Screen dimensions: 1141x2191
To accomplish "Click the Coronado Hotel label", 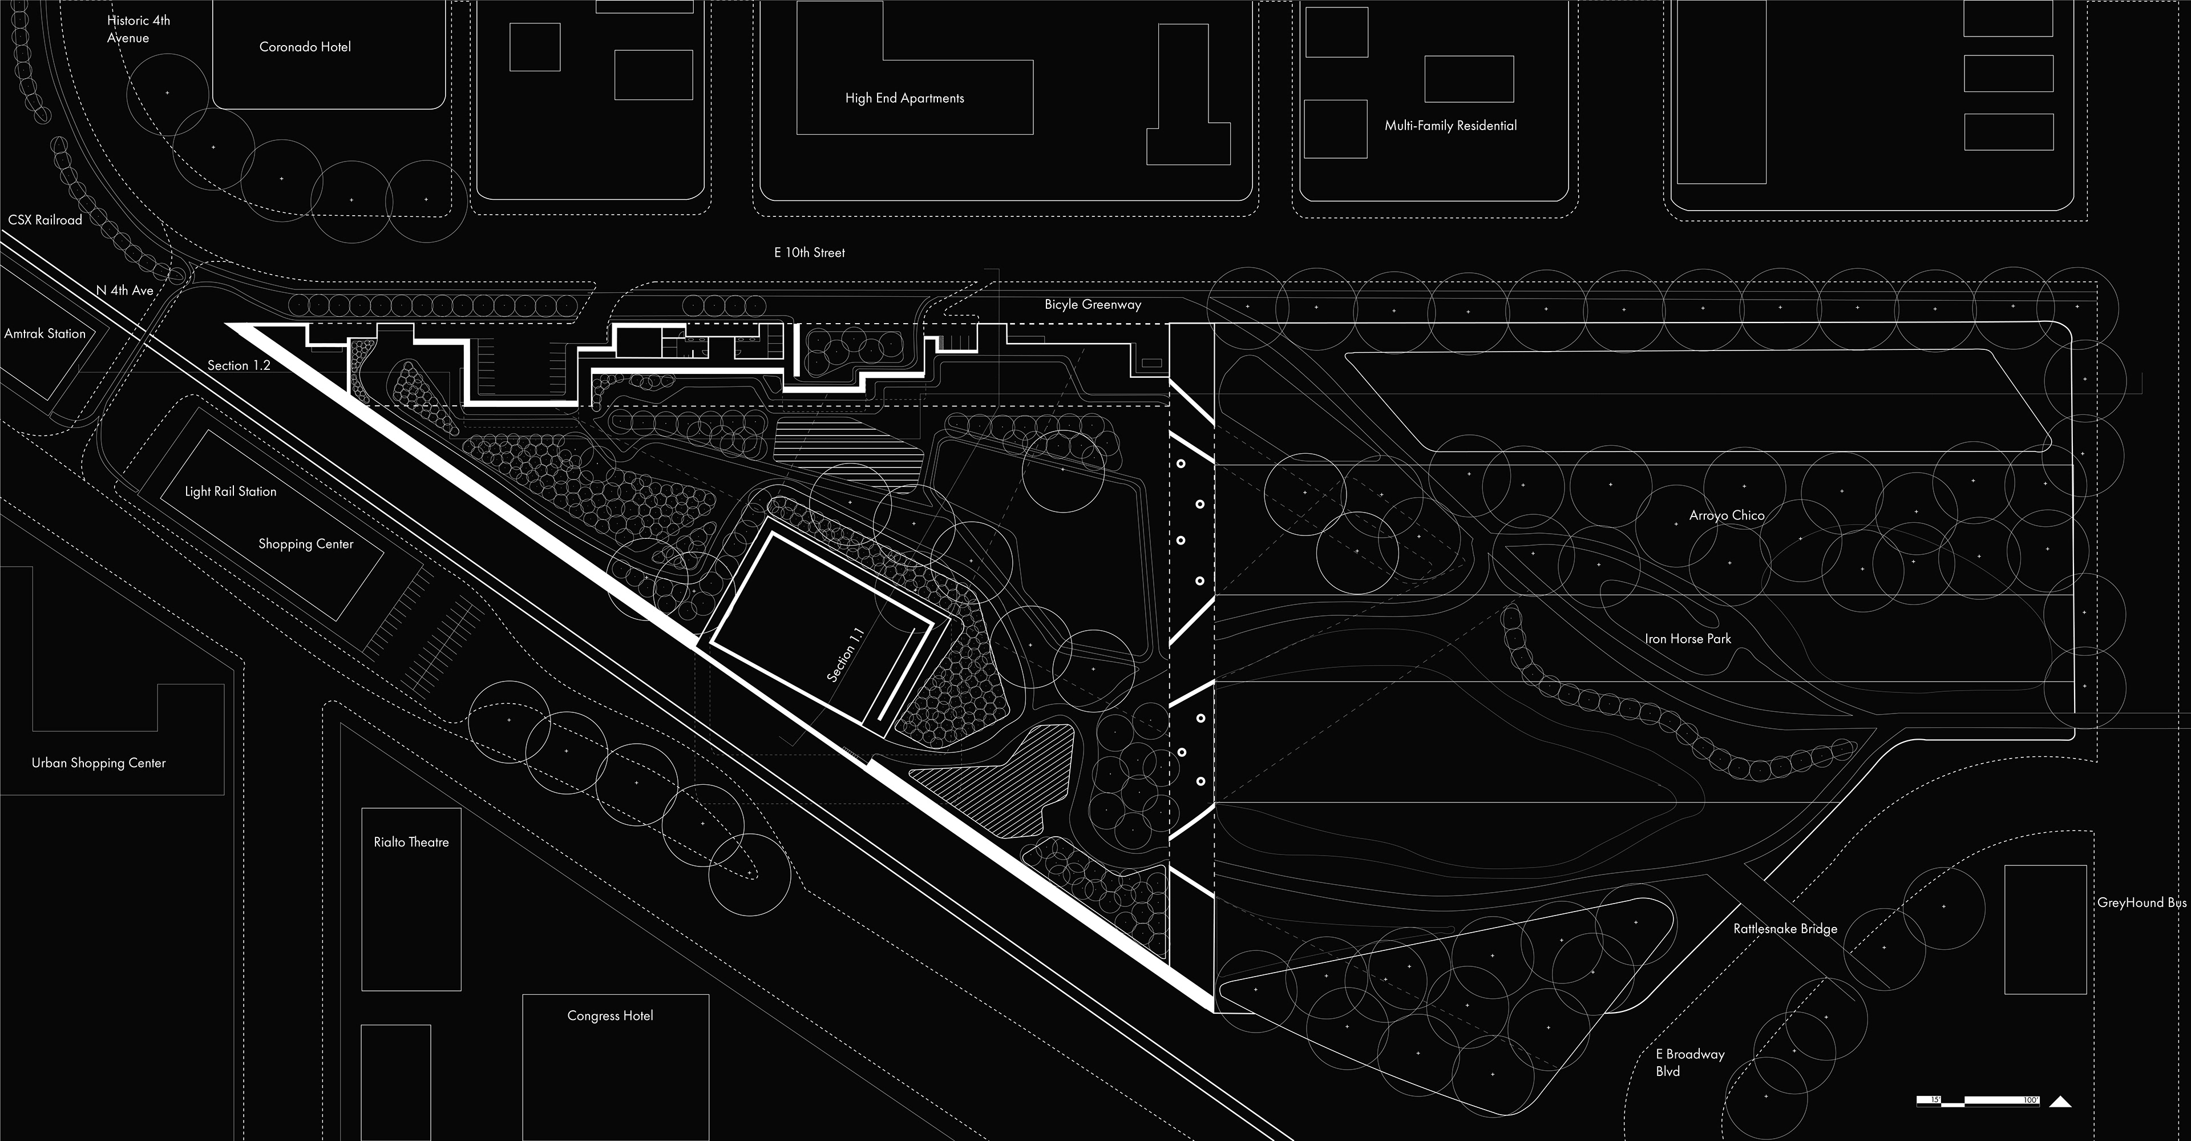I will coord(305,47).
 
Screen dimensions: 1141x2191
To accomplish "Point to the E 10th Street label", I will coord(809,253).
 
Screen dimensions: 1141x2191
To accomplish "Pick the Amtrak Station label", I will coord(45,333).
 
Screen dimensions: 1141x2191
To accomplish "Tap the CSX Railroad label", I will coord(45,220).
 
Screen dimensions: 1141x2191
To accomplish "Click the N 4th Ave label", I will coord(124,290).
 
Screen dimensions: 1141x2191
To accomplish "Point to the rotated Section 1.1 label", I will coord(846,654).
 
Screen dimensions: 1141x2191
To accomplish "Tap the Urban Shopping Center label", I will coord(99,763).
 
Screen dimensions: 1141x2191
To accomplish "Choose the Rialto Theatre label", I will coord(411,842).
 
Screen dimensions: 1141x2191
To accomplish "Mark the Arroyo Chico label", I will coord(1727,515).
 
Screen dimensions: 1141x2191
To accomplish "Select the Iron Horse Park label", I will coord(1688,638).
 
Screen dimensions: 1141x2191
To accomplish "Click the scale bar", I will coord(1978,1100).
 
